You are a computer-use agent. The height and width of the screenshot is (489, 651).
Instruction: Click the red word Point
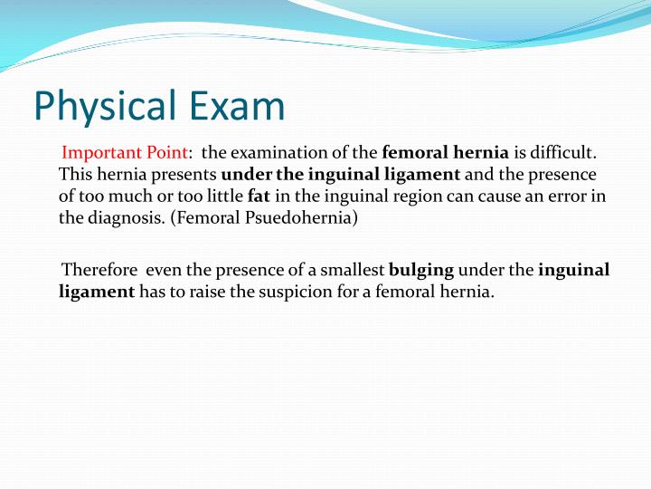point(165,153)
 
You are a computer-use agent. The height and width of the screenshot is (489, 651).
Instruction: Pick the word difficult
point(562,153)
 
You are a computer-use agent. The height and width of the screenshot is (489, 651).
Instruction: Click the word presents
point(186,174)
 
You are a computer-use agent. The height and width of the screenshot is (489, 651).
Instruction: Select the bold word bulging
point(421,270)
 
